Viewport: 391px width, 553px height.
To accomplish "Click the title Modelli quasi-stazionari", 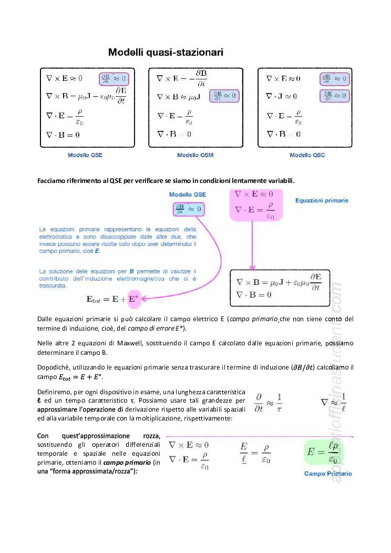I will (x=166, y=52).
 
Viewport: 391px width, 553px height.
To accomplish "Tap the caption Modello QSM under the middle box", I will (x=195, y=155).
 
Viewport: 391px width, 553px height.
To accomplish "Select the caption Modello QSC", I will (x=307, y=155).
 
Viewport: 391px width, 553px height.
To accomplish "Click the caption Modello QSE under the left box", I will (x=85, y=155).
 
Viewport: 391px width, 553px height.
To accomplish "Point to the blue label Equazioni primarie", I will (x=322, y=200).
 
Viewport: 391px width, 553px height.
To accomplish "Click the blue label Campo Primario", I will (x=327, y=474).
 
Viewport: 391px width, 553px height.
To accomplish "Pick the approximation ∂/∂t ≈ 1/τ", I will (x=269, y=402).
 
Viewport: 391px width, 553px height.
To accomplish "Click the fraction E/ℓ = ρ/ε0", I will (x=255, y=452).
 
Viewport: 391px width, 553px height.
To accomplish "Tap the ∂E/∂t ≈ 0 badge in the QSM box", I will (x=224, y=96).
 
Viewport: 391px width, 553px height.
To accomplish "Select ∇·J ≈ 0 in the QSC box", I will (x=281, y=96).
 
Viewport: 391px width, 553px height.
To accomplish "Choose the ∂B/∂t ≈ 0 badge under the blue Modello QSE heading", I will (x=188, y=209).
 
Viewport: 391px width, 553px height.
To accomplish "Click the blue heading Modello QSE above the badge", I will (x=188, y=194).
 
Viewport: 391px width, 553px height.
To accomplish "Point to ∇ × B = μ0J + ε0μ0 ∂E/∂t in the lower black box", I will (x=278, y=282).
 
